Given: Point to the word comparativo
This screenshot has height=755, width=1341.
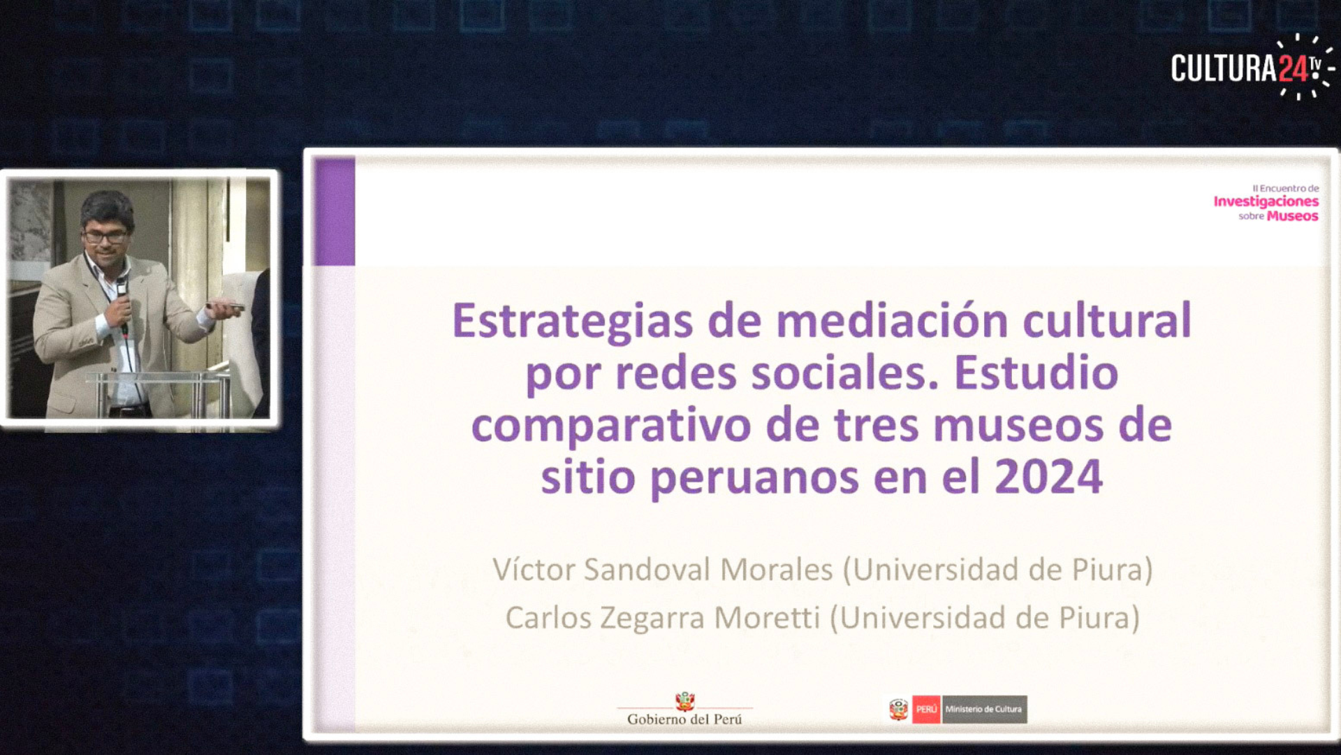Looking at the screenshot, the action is [x=611, y=427].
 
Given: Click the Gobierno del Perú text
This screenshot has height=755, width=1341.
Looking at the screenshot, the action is [x=684, y=719].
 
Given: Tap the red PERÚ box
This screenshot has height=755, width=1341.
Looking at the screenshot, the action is [x=926, y=709].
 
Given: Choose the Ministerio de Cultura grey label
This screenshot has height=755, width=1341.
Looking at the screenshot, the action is [x=984, y=709].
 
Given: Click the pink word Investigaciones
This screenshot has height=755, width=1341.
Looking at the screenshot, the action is [x=1266, y=202].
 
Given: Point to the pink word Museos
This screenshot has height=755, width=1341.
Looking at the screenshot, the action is [x=1293, y=217].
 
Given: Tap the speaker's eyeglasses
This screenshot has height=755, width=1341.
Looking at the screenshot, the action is [x=106, y=237].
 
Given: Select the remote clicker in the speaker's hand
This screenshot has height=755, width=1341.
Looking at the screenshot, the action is [x=227, y=306].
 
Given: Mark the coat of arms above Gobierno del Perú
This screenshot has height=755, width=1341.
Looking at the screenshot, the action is [x=684, y=701].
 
